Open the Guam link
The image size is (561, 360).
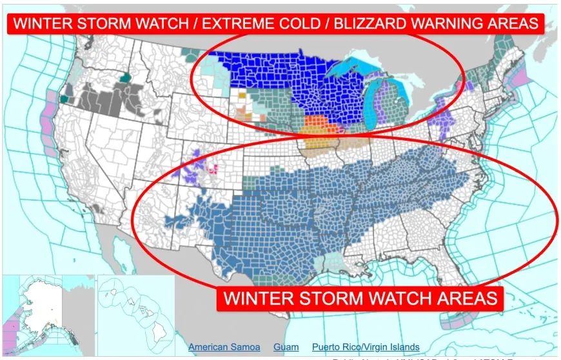point(286,347)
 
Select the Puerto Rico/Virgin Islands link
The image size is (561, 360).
point(366,347)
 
